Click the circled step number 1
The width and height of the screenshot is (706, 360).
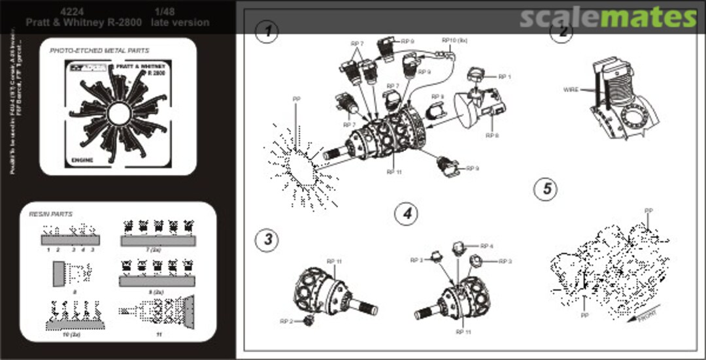pos(267,31)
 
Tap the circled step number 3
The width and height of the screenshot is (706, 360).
pos(267,239)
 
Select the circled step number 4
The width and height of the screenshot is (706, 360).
pos(406,213)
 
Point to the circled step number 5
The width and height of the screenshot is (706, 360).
pos(545,189)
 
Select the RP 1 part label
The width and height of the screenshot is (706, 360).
pos(505,76)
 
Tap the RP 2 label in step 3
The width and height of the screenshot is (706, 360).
pos(286,321)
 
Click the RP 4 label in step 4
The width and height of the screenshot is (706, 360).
pos(486,246)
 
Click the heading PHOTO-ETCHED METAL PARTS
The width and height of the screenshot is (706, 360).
pos(99,50)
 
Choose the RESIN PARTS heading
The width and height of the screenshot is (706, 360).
pos(51,214)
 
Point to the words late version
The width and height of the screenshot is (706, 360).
pos(180,22)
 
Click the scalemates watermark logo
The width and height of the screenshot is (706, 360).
pos(609,18)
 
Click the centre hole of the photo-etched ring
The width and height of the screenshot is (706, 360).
pos(119,115)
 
